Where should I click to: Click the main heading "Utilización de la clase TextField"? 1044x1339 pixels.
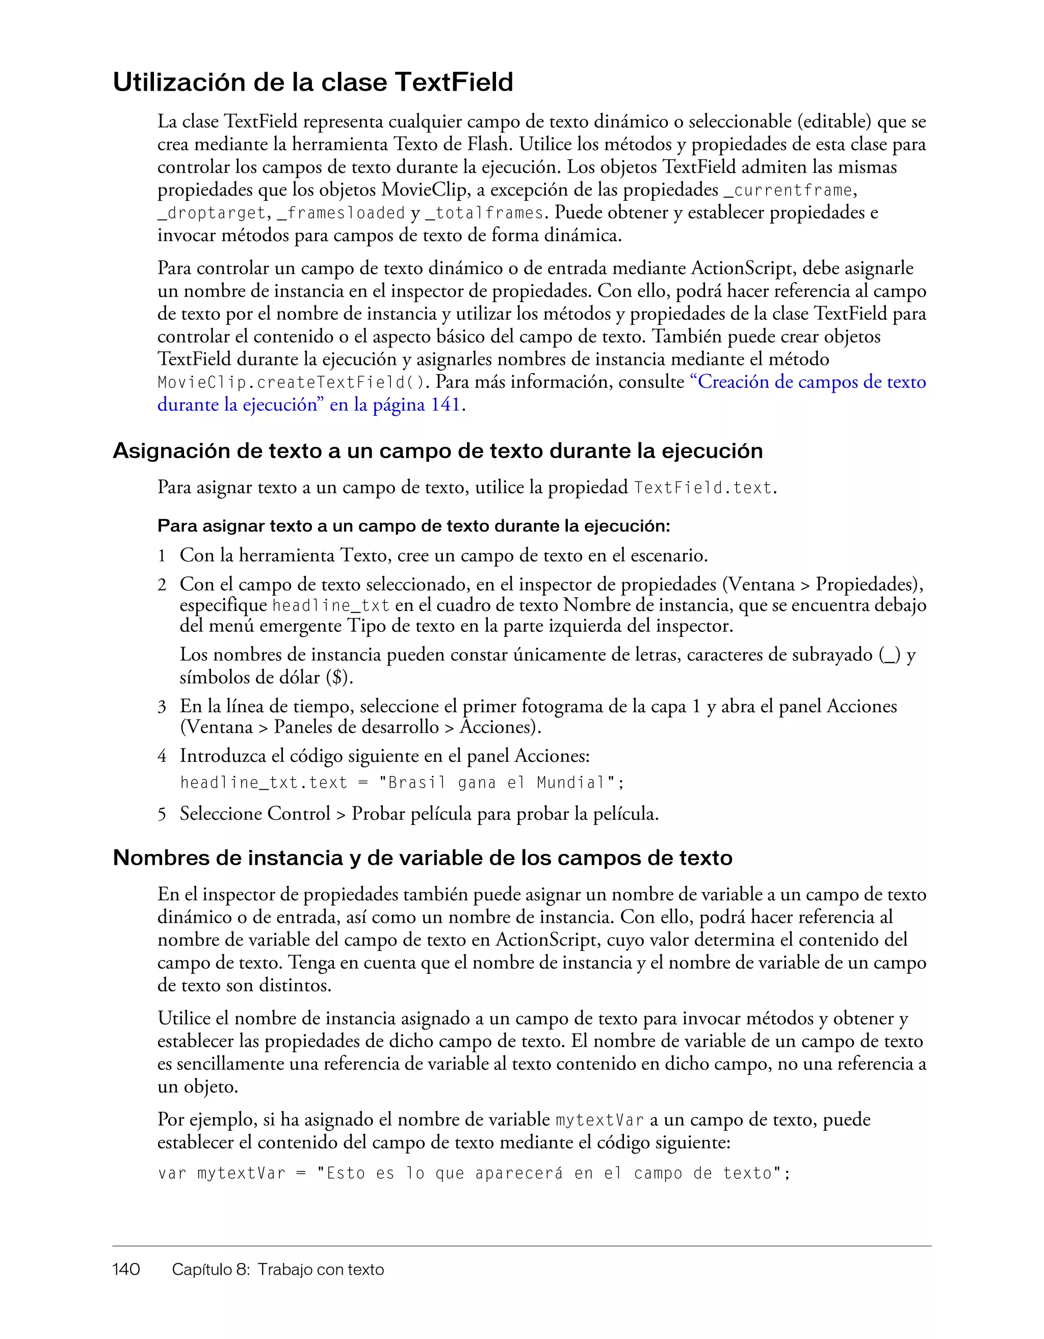pos(313,82)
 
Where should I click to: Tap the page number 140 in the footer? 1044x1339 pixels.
pos(126,1269)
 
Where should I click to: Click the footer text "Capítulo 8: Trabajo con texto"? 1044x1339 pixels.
pos(278,1269)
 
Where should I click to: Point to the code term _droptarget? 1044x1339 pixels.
pos(212,213)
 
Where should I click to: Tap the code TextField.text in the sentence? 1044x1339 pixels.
pos(702,488)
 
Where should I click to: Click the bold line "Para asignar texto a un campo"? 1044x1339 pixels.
pos(413,526)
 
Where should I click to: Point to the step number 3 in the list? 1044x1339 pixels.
pos(162,707)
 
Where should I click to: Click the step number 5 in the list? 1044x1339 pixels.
pos(162,814)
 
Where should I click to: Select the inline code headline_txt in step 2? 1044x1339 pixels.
pos(331,606)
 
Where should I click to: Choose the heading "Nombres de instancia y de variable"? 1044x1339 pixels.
pos(422,857)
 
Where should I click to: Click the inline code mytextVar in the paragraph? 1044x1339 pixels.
pos(599,1120)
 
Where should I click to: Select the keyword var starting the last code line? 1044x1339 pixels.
pos(172,1173)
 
